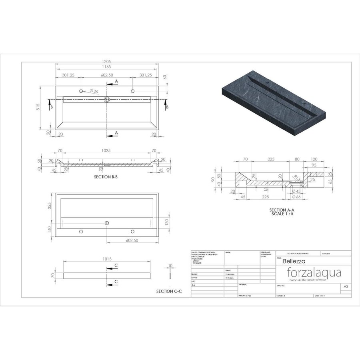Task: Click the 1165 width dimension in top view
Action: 106,67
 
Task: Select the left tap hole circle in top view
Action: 81,91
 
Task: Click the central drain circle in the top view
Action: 107,99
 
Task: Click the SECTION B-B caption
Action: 106,176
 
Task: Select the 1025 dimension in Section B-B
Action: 106,151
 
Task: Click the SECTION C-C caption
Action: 169,292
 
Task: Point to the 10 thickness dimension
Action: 170,265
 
